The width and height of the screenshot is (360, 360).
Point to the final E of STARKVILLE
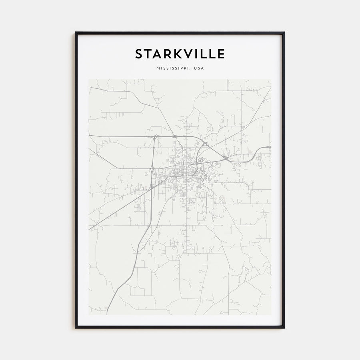pyautogui.click(x=221, y=54)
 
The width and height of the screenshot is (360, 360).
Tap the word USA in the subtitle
pyautogui.click(x=199, y=68)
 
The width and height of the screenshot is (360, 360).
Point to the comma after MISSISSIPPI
pyautogui.click(x=190, y=70)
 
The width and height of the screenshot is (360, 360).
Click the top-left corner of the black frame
pyautogui.click(x=76, y=33)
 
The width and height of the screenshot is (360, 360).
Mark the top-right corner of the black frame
pyautogui.click(x=284, y=33)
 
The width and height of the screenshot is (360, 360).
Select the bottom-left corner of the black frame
pyautogui.click(x=76, y=328)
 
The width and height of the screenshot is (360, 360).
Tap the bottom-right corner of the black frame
pyautogui.click(x=284, y=328)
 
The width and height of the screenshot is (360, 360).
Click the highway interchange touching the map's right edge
pyautogui.click(x=269, y=147)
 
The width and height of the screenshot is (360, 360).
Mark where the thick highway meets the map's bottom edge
pyautogui.click(x=107, y=314)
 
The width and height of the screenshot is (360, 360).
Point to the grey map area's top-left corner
pyautogui.click(x=89, y=79)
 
